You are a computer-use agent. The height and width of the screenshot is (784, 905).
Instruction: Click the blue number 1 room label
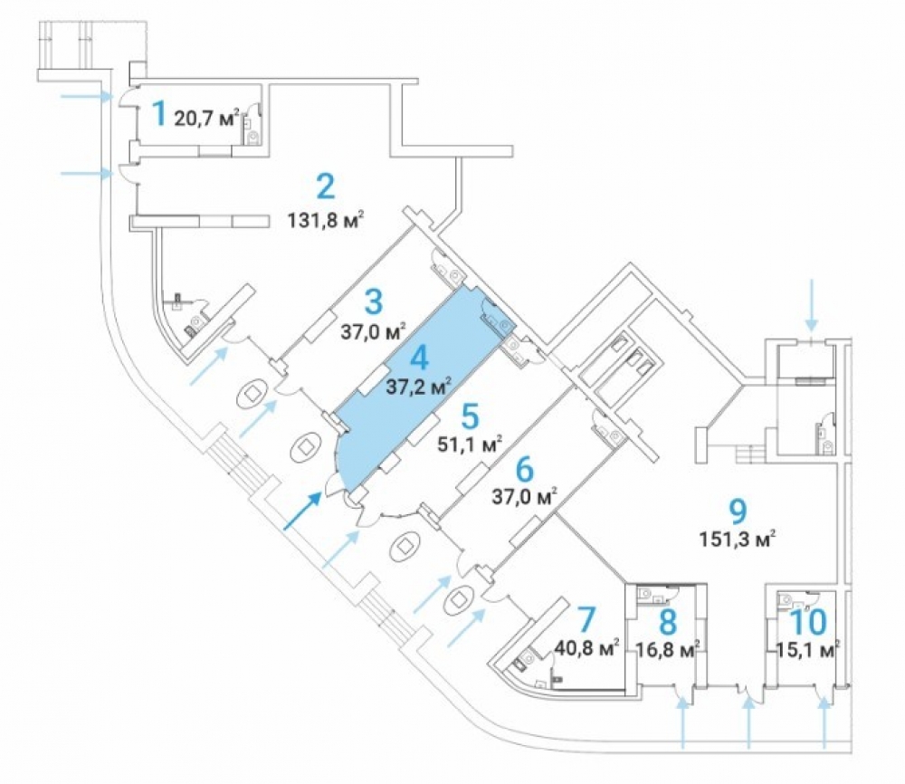click(158, 113)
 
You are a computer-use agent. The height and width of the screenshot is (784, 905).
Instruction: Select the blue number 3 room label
click(374, 301)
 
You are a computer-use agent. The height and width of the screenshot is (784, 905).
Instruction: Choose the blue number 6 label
click(525, 469)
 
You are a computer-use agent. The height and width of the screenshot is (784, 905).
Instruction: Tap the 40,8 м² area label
click(586, 646)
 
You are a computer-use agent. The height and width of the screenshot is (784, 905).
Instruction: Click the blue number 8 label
click(668, 622)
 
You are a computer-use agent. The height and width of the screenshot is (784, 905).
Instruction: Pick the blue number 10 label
click(808, 622)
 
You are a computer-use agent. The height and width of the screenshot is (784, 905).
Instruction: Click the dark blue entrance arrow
click(302, 511)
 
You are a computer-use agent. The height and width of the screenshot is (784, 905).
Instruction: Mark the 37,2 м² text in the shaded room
click(418, 387)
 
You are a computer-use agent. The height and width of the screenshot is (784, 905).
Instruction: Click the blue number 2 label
click(326, 186)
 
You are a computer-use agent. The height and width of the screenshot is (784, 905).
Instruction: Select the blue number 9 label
click(738, 511)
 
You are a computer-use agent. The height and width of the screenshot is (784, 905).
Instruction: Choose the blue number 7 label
click(586, 619)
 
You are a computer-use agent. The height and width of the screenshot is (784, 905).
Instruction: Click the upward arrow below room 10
click(824, 722)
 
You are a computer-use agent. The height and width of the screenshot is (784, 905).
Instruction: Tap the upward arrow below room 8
click(683, 722)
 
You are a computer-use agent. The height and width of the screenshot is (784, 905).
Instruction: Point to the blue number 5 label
click(471, 416)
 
